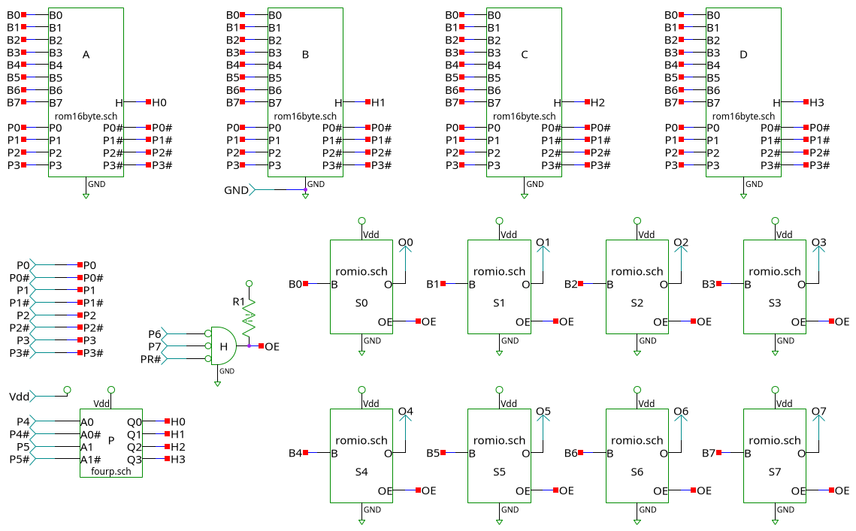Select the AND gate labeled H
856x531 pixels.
click(x=223, y=345)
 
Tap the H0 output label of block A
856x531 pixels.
click(x=159, y=102)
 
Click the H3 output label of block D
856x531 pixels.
click(x=816, y=102)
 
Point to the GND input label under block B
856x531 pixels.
click(x=236, y=191)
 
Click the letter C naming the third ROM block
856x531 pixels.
click(x=525, y=55)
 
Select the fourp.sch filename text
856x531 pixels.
click(x=111, y=472)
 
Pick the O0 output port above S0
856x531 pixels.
click(x=406, y=243)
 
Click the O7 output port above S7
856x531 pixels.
click(x=818, y=412)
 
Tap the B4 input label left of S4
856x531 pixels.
click(x=295, y=454)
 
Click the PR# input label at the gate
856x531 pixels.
click(x=151, y=359)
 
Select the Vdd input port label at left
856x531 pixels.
click(x=19, y=397)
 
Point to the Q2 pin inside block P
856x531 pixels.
click(x=135, y=447)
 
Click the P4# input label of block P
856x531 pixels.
click(x=19, y=435)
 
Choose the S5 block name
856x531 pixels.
click(x=499, y=472)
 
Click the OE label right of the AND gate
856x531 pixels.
click(x=272, y=346)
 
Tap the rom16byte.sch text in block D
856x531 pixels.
click(x=743, y=116)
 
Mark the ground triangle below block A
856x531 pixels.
click(x=86, y=196)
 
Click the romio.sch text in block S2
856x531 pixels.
click(x=637, y=272)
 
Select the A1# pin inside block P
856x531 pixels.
click(x=90, y=460)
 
